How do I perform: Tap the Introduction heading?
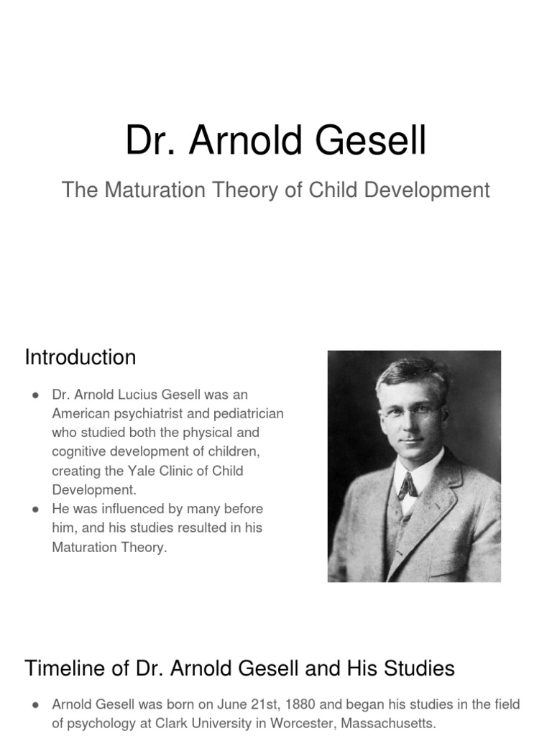(x=80, y=357)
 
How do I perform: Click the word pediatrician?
(x=244, y=414)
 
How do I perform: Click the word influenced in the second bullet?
(x=145, y=509)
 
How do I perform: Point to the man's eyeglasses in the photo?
(x=410, y=412)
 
